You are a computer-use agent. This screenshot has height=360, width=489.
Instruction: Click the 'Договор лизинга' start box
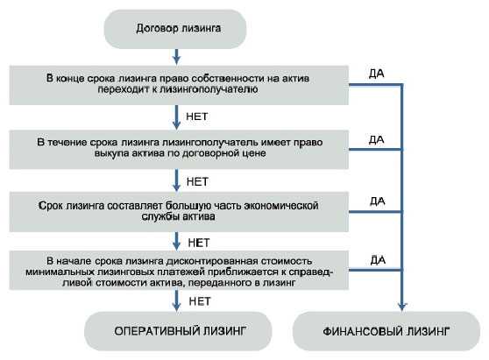click(175, 29)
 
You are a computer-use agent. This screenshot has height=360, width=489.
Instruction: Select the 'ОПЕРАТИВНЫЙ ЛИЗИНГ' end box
click(178, 331)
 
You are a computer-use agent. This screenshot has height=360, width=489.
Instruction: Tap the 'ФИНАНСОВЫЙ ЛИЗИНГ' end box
click(386, 331)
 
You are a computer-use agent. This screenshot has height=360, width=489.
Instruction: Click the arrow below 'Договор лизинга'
click(176, 57)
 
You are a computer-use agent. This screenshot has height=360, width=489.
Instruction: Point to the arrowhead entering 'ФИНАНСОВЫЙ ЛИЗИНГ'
click(402, 307)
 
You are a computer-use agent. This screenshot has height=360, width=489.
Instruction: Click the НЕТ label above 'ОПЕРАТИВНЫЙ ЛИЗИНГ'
click(200, 301)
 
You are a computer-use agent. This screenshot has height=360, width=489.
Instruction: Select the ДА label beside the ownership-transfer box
click(377, 74)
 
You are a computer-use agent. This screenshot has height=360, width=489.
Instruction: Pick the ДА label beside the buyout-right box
click(377, 139)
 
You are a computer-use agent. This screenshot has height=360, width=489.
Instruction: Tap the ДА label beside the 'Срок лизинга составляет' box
click(378, 201)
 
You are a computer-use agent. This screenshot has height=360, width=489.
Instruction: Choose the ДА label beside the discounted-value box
click(378, 259)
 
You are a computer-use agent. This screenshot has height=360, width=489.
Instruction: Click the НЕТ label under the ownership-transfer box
click(197, 116)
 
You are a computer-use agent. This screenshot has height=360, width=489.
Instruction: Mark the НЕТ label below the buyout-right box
click(197, 181)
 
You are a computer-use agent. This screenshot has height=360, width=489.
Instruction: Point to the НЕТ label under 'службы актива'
click(199, 243)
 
